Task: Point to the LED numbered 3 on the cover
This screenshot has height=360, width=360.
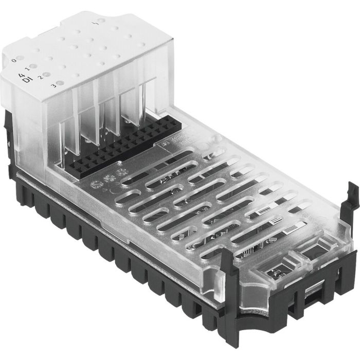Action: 60,82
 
